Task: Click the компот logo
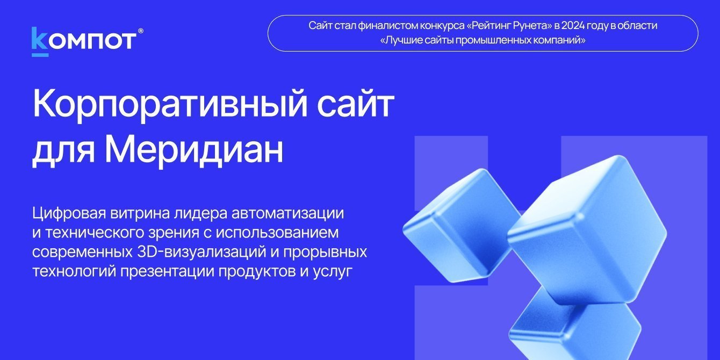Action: [x=83, y=41]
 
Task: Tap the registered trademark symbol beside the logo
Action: [x=141, y=32]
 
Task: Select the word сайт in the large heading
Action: [x=355, y=106]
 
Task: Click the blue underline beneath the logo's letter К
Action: [x=40, y=54]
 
